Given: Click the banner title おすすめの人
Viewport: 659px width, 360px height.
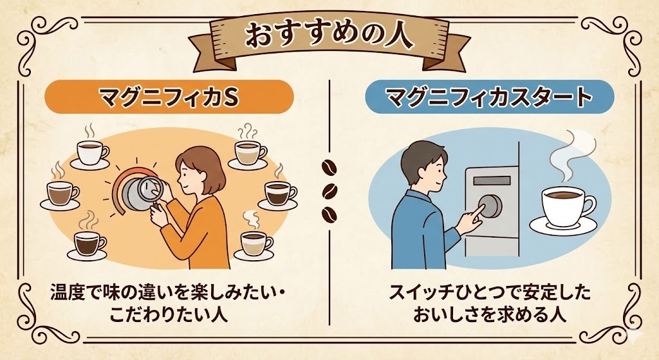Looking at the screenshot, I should pos(329,36).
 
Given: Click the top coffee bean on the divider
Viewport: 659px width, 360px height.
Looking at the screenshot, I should pos(330,169).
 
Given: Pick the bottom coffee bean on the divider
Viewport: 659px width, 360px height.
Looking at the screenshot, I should pos(330,213).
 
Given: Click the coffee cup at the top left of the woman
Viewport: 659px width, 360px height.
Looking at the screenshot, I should pos(91,153).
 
